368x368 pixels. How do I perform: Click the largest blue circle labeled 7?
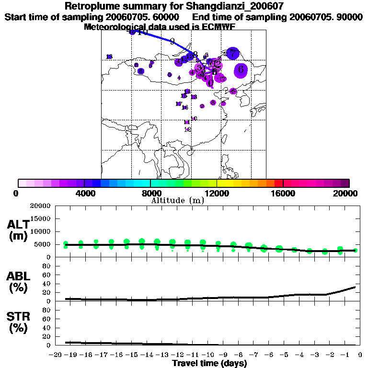233,54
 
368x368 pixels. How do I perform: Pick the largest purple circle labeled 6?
241,70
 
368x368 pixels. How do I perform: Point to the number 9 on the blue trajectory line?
172,41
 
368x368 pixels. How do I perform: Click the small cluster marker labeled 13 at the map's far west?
109,57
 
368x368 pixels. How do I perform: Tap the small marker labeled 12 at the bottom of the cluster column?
188,129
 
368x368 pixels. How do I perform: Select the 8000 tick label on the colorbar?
150,193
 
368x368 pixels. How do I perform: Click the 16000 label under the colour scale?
283,193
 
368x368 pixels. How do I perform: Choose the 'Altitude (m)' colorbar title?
177,200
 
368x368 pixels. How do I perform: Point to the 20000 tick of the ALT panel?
40,206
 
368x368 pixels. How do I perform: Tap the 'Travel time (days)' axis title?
209,363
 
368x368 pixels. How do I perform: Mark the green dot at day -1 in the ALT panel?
340,250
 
